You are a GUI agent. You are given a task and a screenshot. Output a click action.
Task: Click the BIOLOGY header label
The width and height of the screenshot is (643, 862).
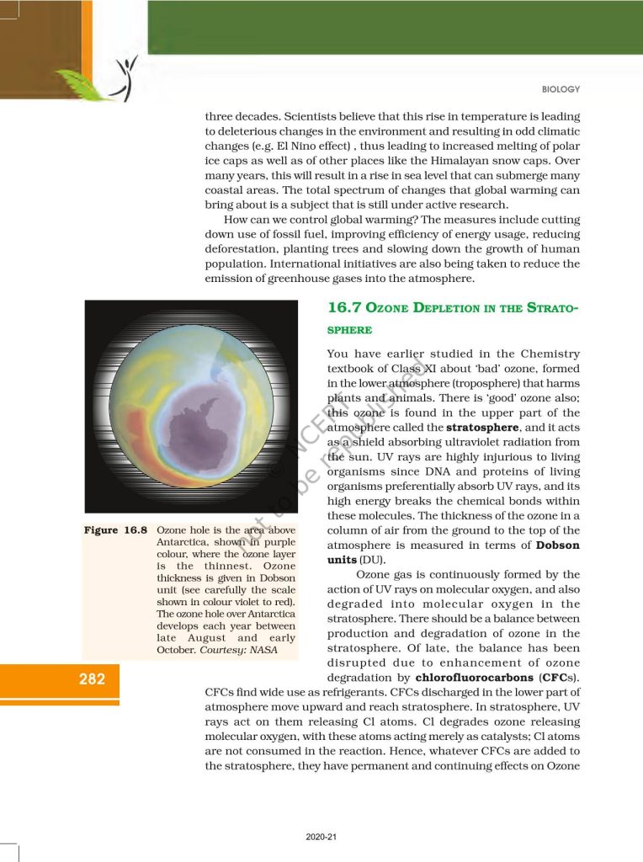point(560,89)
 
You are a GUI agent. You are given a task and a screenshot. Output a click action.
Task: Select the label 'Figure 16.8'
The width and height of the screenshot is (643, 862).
point(116,531)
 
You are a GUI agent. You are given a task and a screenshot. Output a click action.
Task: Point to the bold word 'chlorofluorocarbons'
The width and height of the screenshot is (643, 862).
point(467,678)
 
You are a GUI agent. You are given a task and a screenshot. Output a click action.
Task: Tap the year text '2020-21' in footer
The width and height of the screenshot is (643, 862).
point(321,838)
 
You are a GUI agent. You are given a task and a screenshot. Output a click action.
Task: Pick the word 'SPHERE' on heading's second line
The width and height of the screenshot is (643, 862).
point(345,331)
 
